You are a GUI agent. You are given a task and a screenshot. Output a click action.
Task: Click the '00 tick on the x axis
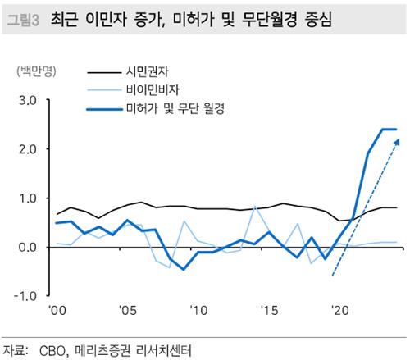pos(57,312)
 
